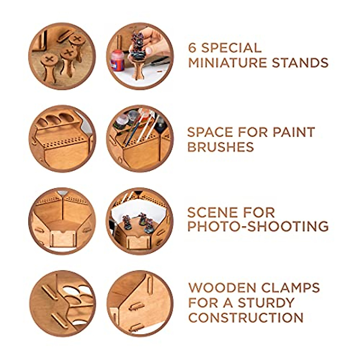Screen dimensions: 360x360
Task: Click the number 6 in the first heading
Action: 193,48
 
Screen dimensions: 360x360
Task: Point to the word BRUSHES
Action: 220,147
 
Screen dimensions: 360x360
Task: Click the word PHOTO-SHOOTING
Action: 258,227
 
